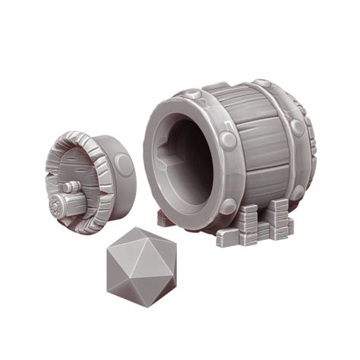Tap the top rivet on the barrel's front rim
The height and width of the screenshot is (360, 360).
click(194, 96)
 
